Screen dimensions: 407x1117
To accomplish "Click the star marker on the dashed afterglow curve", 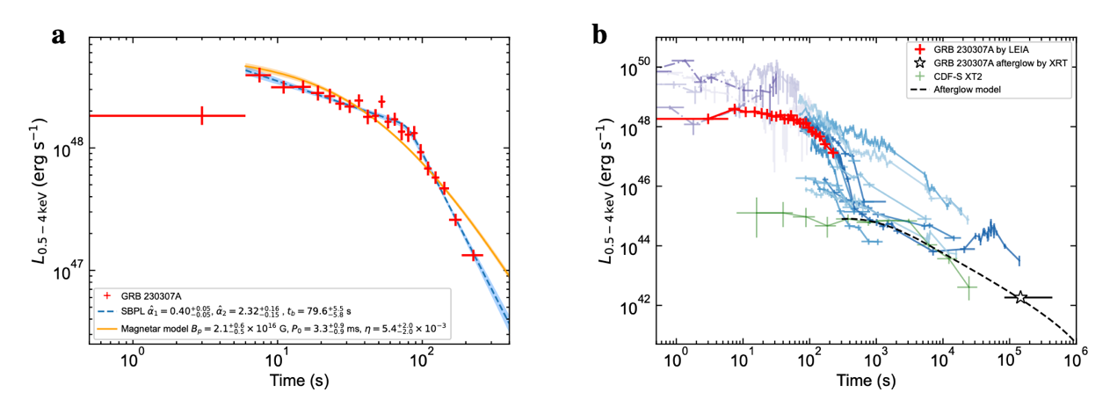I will (x=1020, y=298).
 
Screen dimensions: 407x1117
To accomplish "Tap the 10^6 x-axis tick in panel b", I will (x=1076, y=360).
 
